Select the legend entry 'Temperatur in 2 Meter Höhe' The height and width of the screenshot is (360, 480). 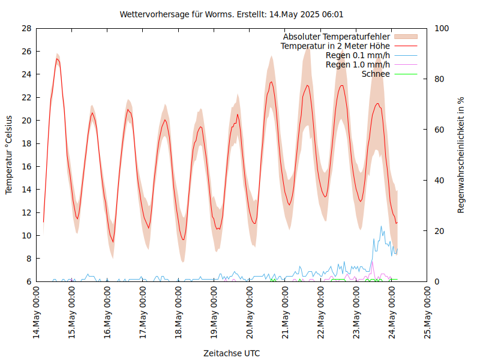(x=335, y=46)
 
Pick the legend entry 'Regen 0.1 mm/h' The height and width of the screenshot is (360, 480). (x=358, y=55)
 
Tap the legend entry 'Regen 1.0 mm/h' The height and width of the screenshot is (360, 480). (x=358, y=65)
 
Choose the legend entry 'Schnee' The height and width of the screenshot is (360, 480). (x=376, y=74)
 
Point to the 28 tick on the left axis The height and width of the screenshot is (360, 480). (x=26, y=29)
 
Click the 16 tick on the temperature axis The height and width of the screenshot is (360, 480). (x=26, y=167)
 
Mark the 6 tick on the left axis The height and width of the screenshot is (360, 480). (x=29, y=282)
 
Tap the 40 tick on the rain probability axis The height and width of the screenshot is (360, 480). (x=439, y=181)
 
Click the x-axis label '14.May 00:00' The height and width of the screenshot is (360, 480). (x=37, y=312)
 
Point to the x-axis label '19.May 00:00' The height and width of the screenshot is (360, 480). (x=215, y=312)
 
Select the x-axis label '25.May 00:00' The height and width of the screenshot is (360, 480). (x=428, y=312)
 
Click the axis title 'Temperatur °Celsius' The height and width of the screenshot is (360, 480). (x=9, y=154)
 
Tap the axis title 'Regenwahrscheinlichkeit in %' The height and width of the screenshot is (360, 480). (x=461, y=155)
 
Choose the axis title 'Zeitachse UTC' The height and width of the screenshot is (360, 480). (x=232, y=353)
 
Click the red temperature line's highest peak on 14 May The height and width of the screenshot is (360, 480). (x=57, y=59)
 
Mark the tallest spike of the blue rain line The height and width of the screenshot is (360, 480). (x=381, y=226)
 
